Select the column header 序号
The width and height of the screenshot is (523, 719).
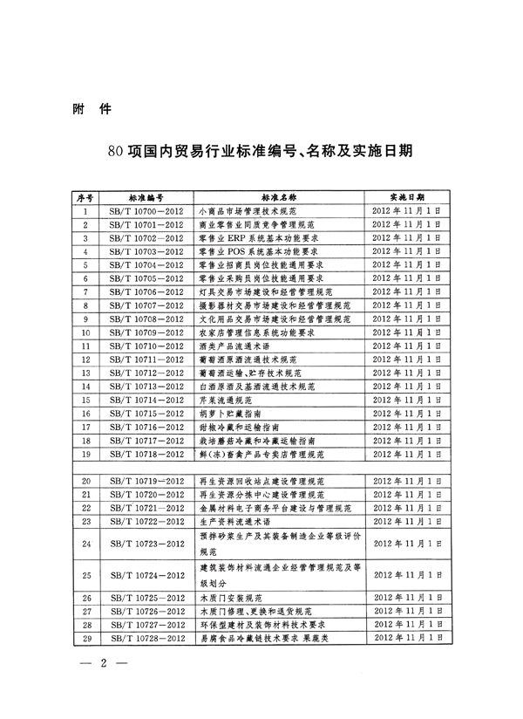[x=86, y=198]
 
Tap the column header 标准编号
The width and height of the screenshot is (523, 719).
[x=146, y=198]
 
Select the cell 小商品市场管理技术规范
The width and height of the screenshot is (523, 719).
[x=250, y=211]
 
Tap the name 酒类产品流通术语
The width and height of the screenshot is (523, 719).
[x=234, y=346]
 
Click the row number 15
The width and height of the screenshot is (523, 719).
[x=86, y=399]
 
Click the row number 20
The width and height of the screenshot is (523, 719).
[x=86, y=481]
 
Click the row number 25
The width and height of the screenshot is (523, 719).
[x=86, y=575]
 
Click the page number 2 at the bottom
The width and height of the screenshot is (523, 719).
[x=103, y=666]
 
